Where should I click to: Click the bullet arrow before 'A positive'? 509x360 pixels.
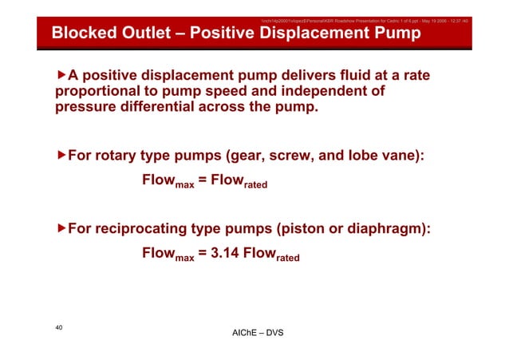[61, 75]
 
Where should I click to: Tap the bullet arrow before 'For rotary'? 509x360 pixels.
[61, 154]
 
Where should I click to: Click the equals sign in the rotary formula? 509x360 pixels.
[203, 181]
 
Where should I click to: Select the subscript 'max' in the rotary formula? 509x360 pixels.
[184, 185]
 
